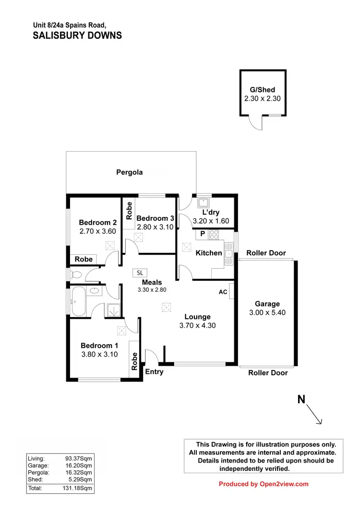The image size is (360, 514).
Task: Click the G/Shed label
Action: tap(262, 90)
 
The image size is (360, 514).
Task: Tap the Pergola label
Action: tap(130, 172)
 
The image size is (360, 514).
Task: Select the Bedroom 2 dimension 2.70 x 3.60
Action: tap(98, 231)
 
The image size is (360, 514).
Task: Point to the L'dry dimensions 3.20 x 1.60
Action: tap(211, 221)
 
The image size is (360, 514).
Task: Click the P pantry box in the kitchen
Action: tap(202, 234)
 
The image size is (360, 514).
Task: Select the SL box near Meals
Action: tap(140, 272)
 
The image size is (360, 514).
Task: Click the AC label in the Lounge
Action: tap(223, 292)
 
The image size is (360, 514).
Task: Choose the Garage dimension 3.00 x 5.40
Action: tap(267, 312)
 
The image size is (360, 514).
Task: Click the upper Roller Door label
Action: tap(266, 253)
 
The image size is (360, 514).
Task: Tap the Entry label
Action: tap(154, 371)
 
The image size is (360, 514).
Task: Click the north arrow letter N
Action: tap(301, 399)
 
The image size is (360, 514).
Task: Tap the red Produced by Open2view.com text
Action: tap(264, 484)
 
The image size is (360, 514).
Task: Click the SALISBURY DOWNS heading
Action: tap(77, 36)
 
